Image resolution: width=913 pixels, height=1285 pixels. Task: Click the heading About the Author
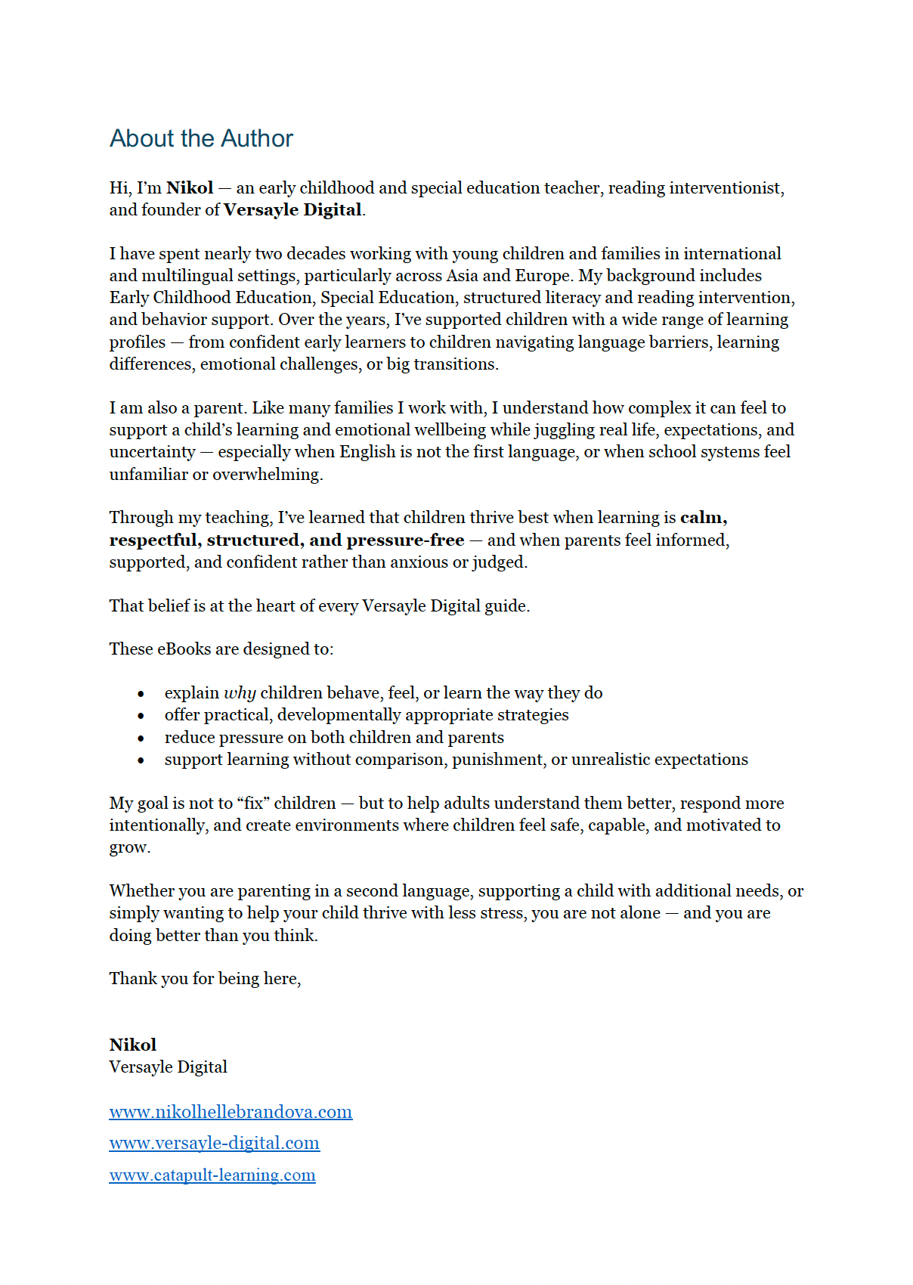coord(201,138)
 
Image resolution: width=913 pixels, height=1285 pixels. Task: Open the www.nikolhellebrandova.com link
coord(231,1112)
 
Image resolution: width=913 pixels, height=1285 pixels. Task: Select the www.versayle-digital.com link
coord(214,1143)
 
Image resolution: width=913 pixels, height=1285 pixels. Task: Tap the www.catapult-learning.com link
coord(212,1175)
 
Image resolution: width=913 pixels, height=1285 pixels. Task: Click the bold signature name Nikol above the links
coord(133,1045)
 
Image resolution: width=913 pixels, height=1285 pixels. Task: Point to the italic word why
coord(240,693)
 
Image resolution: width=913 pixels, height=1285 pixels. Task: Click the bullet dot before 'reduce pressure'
coord(141,738)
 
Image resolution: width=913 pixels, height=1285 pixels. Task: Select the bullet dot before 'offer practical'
coord(141,716)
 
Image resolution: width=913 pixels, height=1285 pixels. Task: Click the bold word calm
coord(702,518)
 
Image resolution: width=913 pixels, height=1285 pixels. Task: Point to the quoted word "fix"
coord(253,804)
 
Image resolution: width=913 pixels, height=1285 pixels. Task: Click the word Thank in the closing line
coord(133,979)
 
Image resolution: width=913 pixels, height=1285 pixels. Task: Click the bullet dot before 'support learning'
coord(141,760)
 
